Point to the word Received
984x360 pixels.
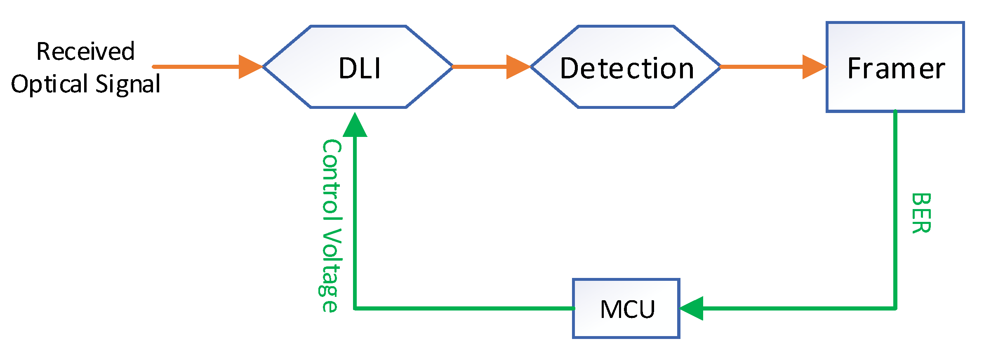85,52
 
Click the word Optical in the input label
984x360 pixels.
49,84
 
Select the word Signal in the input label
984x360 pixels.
128,84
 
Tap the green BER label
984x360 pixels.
920,213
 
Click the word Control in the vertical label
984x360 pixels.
331,180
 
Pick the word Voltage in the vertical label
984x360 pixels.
330,271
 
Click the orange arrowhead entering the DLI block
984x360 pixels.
250,66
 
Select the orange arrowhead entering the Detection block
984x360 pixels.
517,66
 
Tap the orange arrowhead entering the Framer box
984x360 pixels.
813,66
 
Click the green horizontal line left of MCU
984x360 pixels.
462,308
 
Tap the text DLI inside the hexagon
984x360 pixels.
359,68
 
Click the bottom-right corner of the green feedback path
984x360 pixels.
895,308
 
